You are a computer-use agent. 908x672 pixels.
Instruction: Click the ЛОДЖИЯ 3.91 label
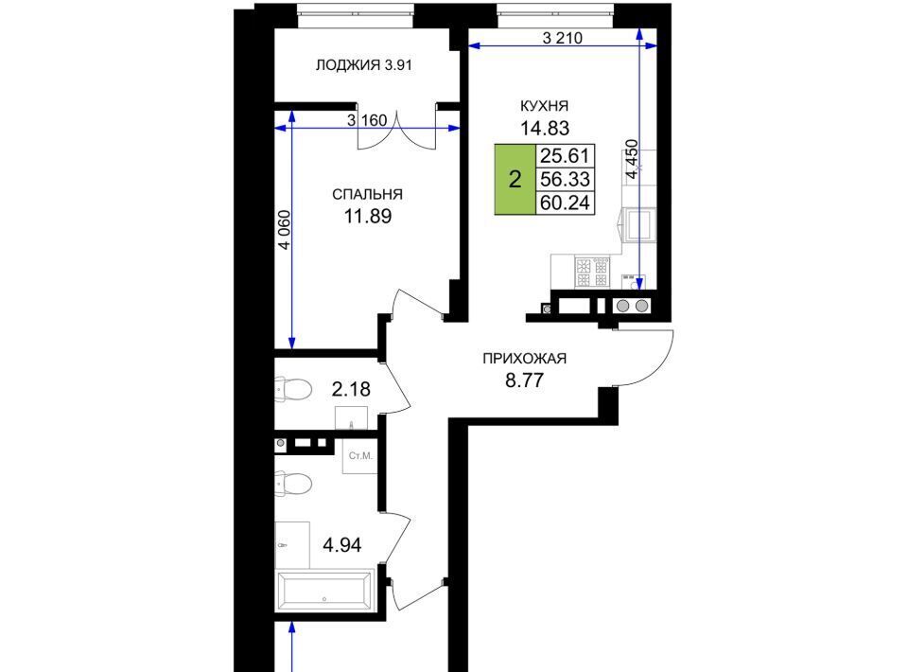[x=363, y=65]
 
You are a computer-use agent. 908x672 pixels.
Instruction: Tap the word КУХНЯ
[x=545, y=106]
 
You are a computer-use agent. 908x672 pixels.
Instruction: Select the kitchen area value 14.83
[x=545, y=128]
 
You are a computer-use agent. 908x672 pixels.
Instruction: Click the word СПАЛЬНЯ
[x=367, y=194]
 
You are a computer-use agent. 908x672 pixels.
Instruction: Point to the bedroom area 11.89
[x=368, y=216]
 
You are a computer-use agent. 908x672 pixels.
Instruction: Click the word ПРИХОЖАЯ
[x=525, y=359]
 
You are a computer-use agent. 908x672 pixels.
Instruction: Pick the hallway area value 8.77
[x=525, y=380]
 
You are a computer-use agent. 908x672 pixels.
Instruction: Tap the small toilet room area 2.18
[x=351, y=389]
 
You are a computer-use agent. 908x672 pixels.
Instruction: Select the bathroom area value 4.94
[x=342, y=544]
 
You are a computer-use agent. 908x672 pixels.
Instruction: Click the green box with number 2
[x=515, y=180]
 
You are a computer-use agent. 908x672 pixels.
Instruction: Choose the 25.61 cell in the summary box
[x=565, y=156]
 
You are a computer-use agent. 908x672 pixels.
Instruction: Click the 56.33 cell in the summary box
[x=565, y=180]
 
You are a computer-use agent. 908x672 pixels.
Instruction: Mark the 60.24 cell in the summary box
[x=565, y=203]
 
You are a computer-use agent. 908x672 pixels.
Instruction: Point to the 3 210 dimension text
[x=562, y=38]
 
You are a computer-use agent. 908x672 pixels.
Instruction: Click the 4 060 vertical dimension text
[x=284, y=230]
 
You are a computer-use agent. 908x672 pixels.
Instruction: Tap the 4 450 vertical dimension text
[x=632, y=159]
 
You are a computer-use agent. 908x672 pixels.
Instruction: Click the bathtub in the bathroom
[x=324, y=591]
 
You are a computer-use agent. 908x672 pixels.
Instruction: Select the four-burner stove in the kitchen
[x=592, y=273]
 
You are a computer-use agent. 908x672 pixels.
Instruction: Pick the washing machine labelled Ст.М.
[x=360, y=456]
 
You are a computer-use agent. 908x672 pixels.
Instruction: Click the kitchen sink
[x=638, y=224]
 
